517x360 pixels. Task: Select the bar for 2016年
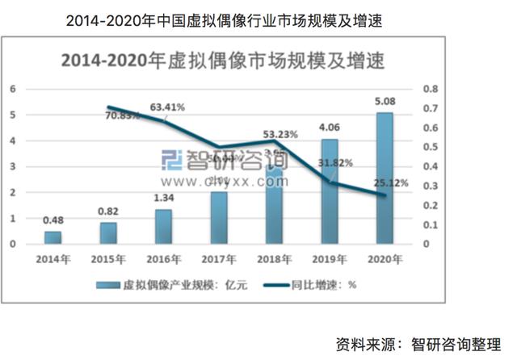(x=163, y=227)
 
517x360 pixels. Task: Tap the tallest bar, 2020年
(x=385, y=178)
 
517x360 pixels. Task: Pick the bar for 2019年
(x=330, y=191)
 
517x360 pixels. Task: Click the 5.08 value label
(x=385, y=103)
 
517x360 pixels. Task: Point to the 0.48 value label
(x=53, y=220)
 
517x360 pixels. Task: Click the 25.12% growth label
(x=391, y=183)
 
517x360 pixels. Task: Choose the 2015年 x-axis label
(x=107, y=259)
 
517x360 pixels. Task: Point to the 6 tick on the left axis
(x=13, y=89)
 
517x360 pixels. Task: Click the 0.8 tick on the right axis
(x=431, y=89)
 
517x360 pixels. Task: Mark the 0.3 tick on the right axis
(x=431, y=186)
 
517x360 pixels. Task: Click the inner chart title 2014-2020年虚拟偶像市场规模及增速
(x=218, y=60)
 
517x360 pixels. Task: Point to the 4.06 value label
(x=330, y=127)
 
